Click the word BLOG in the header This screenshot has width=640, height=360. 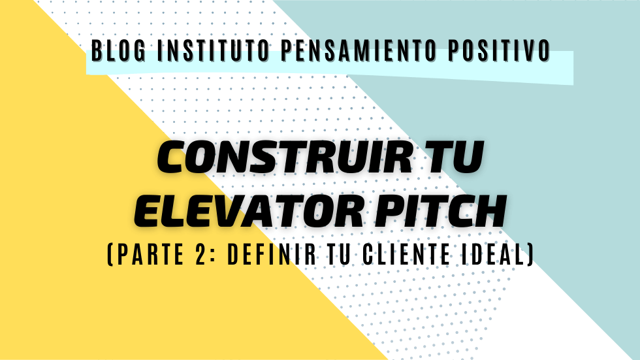[x=118, y=51]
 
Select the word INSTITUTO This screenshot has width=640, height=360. [x=214, y=51]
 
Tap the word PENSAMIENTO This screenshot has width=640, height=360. [x=359, y=51]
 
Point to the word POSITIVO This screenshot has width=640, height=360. [x=499, y=51]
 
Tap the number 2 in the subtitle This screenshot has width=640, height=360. [x=200, y=254]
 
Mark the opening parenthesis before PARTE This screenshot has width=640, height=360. [x=110, y=255]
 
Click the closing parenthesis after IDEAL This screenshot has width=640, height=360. [x=530, y=255]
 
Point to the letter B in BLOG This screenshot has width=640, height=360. [x=97, y=51]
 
